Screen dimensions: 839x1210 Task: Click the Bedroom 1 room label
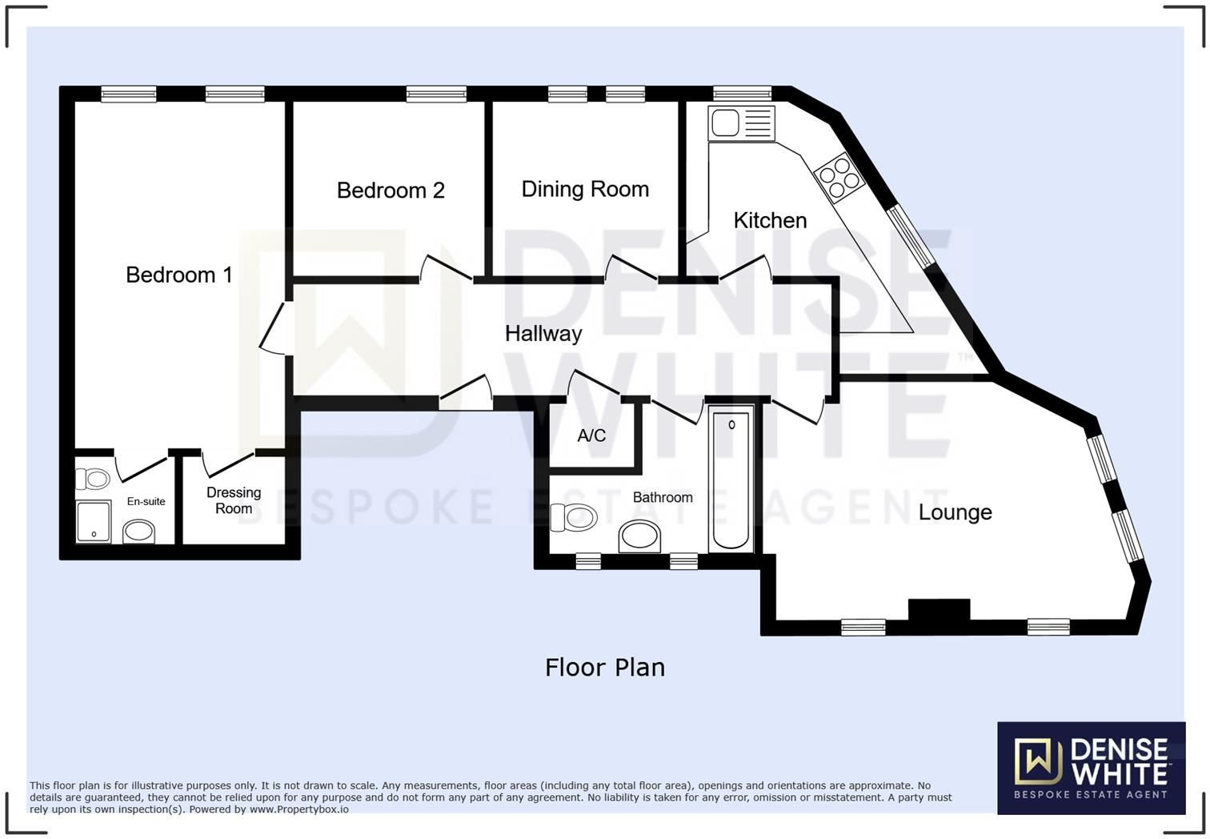(178, 275)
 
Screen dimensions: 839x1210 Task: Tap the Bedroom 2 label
(390, 191)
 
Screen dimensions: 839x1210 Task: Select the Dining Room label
(585, 189)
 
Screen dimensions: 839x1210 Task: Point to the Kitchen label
(770, 220)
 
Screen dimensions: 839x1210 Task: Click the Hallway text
(543, 334)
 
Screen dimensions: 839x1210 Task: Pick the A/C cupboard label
(591, 436)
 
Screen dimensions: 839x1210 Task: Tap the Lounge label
(955, 512)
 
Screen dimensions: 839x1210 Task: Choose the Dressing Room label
(234, 500)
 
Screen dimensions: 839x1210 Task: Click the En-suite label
(146, 502)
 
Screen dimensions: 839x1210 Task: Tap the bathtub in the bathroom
(731, 479)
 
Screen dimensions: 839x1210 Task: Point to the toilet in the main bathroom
(575, 517)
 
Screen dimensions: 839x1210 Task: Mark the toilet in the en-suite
(93, 479)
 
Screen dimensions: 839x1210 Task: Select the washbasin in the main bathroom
(639, 535)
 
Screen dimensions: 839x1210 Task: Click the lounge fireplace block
(939, 611)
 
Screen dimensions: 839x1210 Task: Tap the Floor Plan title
(604, 668)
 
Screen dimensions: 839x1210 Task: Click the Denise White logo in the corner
(1091, 768)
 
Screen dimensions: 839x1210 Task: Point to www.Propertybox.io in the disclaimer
(298, 809)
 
